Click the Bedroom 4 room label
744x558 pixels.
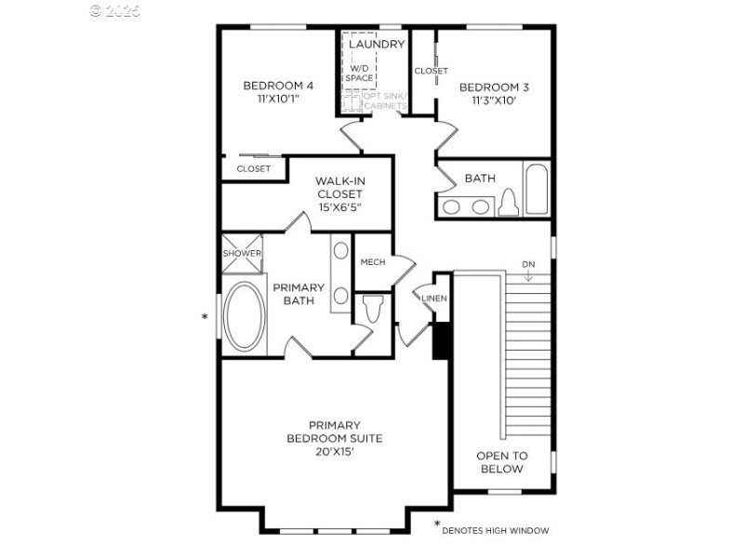[277, 86]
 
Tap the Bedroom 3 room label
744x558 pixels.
[494, 87]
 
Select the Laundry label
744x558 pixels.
[377, 44]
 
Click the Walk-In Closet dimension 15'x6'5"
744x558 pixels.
[339, 206]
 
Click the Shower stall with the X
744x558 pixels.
[242, 254]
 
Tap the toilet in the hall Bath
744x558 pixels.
[508, 202]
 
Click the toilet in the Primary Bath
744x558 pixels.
[373, 309]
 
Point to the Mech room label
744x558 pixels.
[373, 262]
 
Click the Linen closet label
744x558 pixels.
[434, 299]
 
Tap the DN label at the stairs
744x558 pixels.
[528, 264]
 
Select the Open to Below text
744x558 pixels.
[501, 462]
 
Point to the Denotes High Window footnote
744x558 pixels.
[495, 531]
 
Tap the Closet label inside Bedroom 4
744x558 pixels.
[253, 169]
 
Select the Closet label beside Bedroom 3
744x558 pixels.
[431, 71]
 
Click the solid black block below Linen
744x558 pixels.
[442, 340]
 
